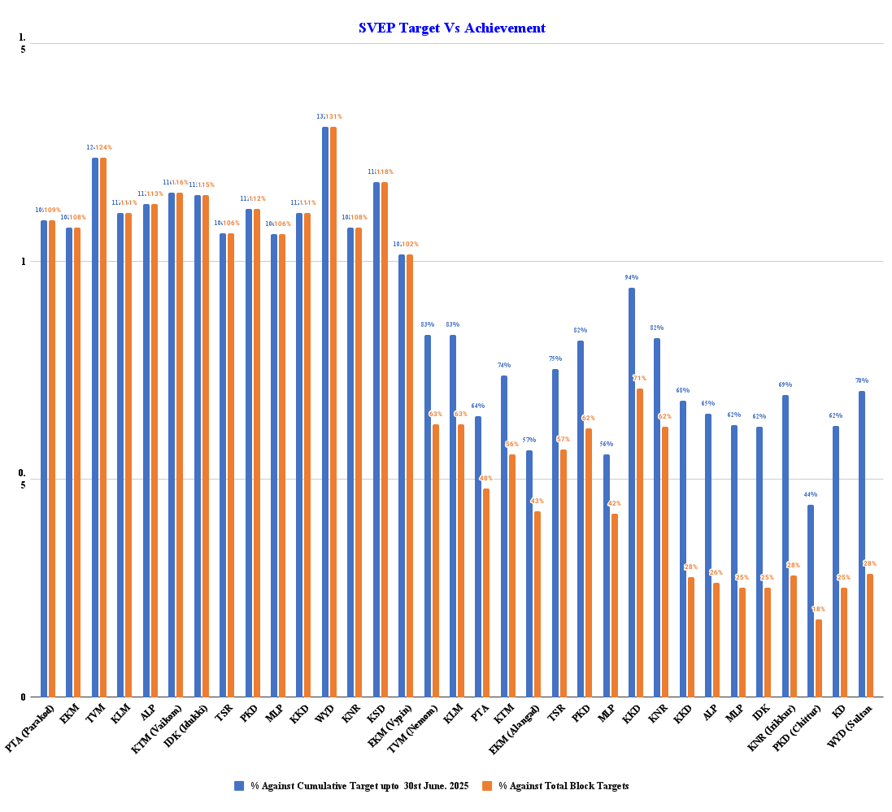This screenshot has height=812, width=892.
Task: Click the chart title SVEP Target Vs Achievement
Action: [x=451, y=28]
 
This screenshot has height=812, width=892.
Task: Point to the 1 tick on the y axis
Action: [x=24, y=262]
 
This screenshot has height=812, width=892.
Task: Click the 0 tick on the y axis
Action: [x=24, y=697]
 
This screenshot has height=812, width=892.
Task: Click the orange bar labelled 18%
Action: [x=819, y=658]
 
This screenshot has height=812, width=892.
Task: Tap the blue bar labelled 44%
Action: [x=811, y=601]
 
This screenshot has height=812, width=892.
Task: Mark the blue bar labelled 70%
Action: [x=862, y=544]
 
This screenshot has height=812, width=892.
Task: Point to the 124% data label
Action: [x=104, y=148]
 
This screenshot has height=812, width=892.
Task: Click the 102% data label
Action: [x=411, y=245]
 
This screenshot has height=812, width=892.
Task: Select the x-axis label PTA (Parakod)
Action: [x=31, y=728]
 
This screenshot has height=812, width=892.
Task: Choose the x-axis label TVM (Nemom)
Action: [x=412, y=727]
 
